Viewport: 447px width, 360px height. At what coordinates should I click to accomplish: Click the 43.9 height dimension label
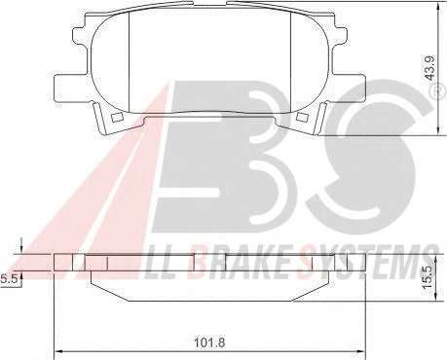[x=430, y=67]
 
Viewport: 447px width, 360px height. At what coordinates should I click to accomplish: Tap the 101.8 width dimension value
[x=209, y=342]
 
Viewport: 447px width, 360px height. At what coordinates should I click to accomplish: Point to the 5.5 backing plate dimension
[x=7, y=278]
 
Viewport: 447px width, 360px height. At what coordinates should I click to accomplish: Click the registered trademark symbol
[x=440, y=92]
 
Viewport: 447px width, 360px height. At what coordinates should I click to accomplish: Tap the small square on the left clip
[x=116, y=118]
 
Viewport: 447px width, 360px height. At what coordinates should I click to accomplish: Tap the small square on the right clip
[x=302, y=118]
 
